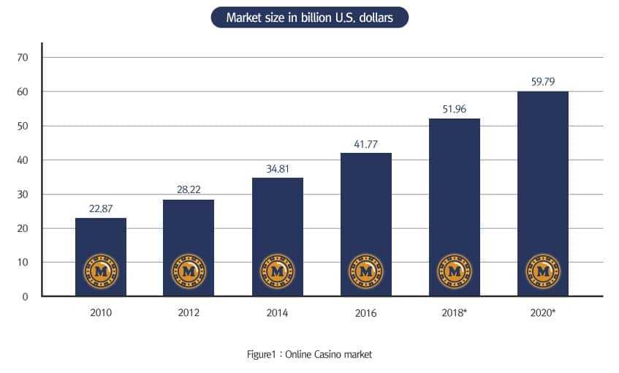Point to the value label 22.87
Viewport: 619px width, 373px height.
(100, 208)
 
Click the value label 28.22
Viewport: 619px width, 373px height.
(189, 189)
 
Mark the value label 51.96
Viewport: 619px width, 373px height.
(454, 109)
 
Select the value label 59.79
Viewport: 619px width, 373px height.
(542, 82)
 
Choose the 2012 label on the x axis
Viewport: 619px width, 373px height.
(189, 313)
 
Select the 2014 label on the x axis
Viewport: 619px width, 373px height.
(277, 313)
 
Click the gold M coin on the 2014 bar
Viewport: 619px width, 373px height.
(277, 271)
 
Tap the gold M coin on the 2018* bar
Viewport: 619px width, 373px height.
(454, 271)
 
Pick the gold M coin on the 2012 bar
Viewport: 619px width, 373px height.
(189, 271)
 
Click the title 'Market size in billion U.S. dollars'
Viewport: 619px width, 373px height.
(309, 18)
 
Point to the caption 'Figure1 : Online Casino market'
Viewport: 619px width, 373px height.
(309, 355)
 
